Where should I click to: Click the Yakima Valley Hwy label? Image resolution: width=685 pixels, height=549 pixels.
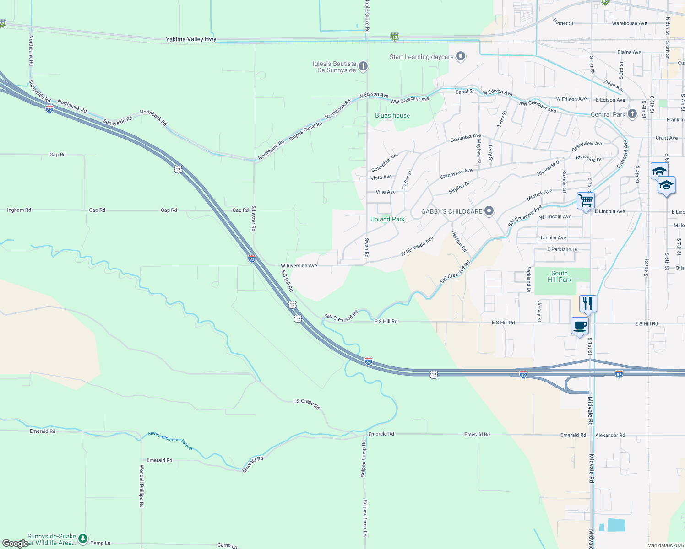[191, 39]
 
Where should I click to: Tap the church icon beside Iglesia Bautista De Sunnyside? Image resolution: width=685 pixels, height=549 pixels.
[363, 67]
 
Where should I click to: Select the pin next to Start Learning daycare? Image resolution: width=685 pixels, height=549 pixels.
[461, 57]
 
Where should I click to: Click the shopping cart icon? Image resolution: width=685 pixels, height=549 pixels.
[586, 200]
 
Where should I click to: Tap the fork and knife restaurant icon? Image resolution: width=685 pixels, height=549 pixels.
[587, 303]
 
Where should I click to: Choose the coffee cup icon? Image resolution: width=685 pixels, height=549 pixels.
[580, 326]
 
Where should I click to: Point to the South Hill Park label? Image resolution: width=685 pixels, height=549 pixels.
[560, 276]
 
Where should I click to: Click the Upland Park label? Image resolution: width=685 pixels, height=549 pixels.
[387, 219]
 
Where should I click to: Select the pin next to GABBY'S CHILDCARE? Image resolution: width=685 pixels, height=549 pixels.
[489, 211]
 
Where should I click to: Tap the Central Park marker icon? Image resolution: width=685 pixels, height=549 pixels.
[632, 114]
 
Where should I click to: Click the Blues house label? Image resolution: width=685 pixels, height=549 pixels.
[392, 115]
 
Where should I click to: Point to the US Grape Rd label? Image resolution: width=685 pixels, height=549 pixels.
[306, 404]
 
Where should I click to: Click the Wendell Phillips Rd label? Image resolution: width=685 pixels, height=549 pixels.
[142, 486]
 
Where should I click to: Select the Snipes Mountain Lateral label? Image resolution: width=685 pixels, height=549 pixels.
[170, 440]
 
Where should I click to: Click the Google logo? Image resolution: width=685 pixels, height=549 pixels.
[15, 543]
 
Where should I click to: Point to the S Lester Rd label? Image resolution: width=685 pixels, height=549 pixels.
[253, 218]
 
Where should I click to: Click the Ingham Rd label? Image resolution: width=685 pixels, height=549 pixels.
[19, 210]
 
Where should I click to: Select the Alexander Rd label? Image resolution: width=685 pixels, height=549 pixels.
[610, 435]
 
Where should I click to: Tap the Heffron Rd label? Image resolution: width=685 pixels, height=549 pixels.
[459, 241]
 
